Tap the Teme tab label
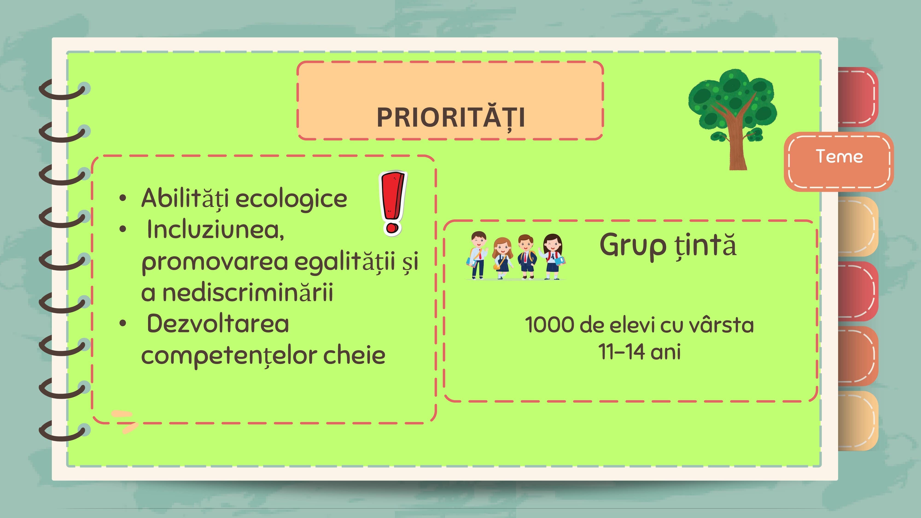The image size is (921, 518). click(839, 156)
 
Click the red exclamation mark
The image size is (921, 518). click(393, 203)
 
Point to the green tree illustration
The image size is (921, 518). click(733, 119)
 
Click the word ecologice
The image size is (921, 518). click(291, 199)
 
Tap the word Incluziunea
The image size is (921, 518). click(215, 230)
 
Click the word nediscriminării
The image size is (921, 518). click(248, 292)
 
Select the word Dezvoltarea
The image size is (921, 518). click(218, 323)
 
